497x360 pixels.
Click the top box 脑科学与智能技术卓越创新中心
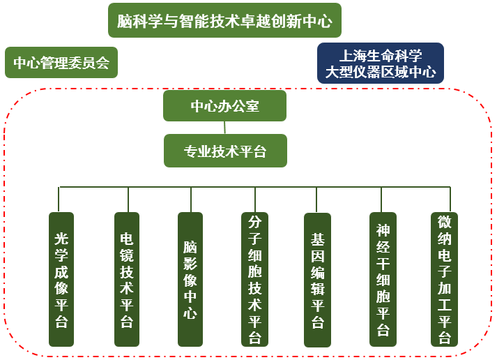pos(224,21)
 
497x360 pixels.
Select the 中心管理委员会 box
pos(61,63)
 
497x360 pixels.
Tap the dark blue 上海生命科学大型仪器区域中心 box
pos(380,63)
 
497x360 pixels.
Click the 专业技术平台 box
pos(225,151)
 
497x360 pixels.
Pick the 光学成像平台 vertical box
pos(61,279)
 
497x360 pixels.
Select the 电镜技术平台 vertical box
pos(126,279)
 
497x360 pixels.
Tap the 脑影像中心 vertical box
pos(190,279)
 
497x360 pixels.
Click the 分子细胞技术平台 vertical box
pos(254,279)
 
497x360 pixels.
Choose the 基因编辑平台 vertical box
pos(318,279)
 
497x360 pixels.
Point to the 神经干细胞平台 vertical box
pos(383,279)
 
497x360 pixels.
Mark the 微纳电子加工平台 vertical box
pos(444,279)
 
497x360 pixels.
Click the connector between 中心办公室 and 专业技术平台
pos(224,128)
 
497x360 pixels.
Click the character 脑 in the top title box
pos(125,22)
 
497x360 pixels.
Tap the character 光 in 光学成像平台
pos(61,238)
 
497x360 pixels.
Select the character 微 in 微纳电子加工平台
pos(444,222)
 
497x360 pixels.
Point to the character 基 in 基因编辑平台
pos(318,238)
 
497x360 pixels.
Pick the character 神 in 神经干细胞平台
pos(383,230)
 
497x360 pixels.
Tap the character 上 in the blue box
pos(345,55)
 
